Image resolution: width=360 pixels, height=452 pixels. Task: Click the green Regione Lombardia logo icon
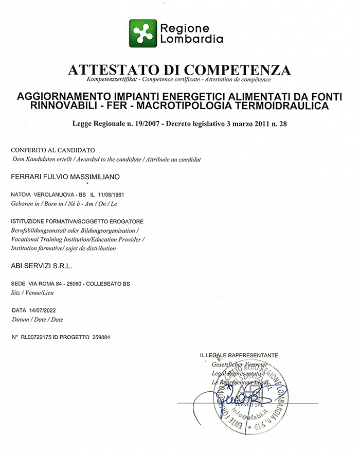tap(142, 33)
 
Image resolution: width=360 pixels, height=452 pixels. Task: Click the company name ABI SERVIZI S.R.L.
tap(42, 266)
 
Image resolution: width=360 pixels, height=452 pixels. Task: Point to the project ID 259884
tap(101, 337)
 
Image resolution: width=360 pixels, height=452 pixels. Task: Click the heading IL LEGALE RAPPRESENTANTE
tap(239, 355)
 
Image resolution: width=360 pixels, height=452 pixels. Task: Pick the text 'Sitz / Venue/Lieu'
tap(32, 292)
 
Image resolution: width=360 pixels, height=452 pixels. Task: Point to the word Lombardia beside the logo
tap(192, 39)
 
